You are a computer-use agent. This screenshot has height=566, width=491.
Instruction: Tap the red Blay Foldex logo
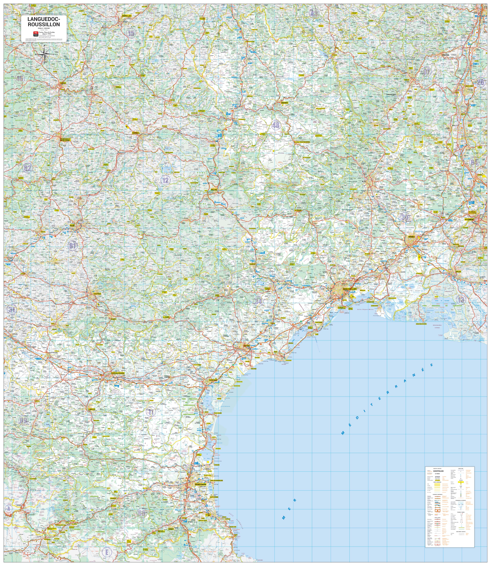coord(35,33)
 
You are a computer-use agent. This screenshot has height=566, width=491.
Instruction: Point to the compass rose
coord(44,54)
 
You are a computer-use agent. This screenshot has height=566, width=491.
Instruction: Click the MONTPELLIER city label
coord(350,289)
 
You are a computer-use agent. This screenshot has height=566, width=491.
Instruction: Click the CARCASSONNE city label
coord(118,373)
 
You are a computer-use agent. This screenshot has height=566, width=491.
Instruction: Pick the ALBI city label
coord(72,225)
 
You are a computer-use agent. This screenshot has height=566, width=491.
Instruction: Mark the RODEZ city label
coord(135,133)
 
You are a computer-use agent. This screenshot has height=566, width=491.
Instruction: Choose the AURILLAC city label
coord(127,16)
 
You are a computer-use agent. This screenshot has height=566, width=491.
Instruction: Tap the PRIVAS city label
coord(445,55)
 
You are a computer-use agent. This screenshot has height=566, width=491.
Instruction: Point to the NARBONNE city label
coord(213,380)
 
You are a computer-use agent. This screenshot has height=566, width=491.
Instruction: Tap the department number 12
coord(166,180)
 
